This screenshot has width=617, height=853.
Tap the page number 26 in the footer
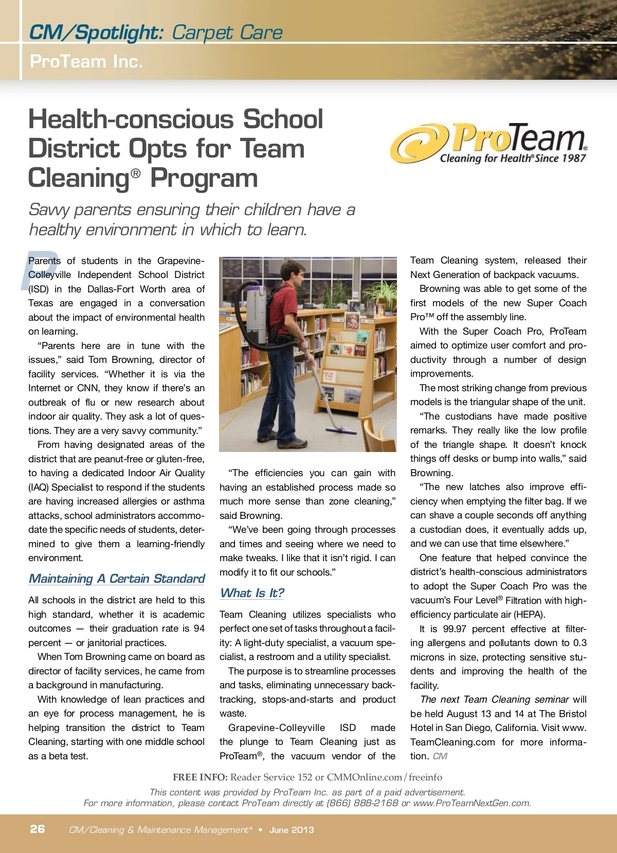(38, 829)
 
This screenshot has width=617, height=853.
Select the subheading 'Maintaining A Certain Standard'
(117, 579)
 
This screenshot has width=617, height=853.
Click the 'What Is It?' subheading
(252, 593)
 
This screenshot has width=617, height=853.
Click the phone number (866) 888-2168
(362, 803)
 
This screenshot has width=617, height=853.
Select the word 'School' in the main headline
(283, 119)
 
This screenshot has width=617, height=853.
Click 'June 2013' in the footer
(292, 830)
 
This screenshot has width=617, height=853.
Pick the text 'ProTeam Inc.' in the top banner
(86, 61)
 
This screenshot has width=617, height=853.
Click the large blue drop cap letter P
(39, 270)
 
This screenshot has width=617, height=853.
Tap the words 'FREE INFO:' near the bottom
(200, 777)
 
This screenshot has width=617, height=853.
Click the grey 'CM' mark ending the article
(440, 756)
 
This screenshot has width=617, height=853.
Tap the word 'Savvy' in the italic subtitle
(50, 210)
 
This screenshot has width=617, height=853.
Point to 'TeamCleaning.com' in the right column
(452, 742)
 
